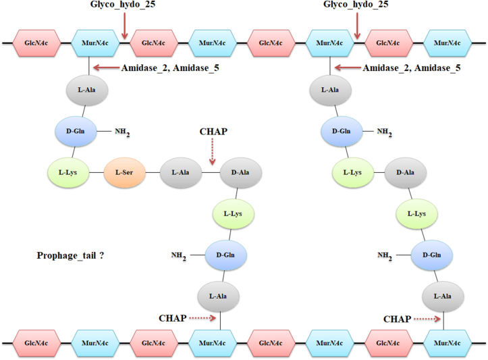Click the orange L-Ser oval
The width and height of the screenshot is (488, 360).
[124, 173]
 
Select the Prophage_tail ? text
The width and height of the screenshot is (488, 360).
[71, 256]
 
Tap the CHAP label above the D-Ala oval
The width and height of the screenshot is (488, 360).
[214, 132]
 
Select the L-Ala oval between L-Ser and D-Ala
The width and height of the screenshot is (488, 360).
[180, 173]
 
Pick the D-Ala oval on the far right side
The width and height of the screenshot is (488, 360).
[406, 173]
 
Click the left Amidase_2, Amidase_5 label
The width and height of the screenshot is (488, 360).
[169, 68]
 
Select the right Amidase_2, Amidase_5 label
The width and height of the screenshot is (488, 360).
[412, 68]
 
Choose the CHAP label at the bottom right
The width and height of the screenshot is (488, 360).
[398, 318]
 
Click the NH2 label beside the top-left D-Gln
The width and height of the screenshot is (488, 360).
[121, 132]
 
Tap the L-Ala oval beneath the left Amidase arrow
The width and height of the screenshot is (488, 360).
[89, 90]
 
